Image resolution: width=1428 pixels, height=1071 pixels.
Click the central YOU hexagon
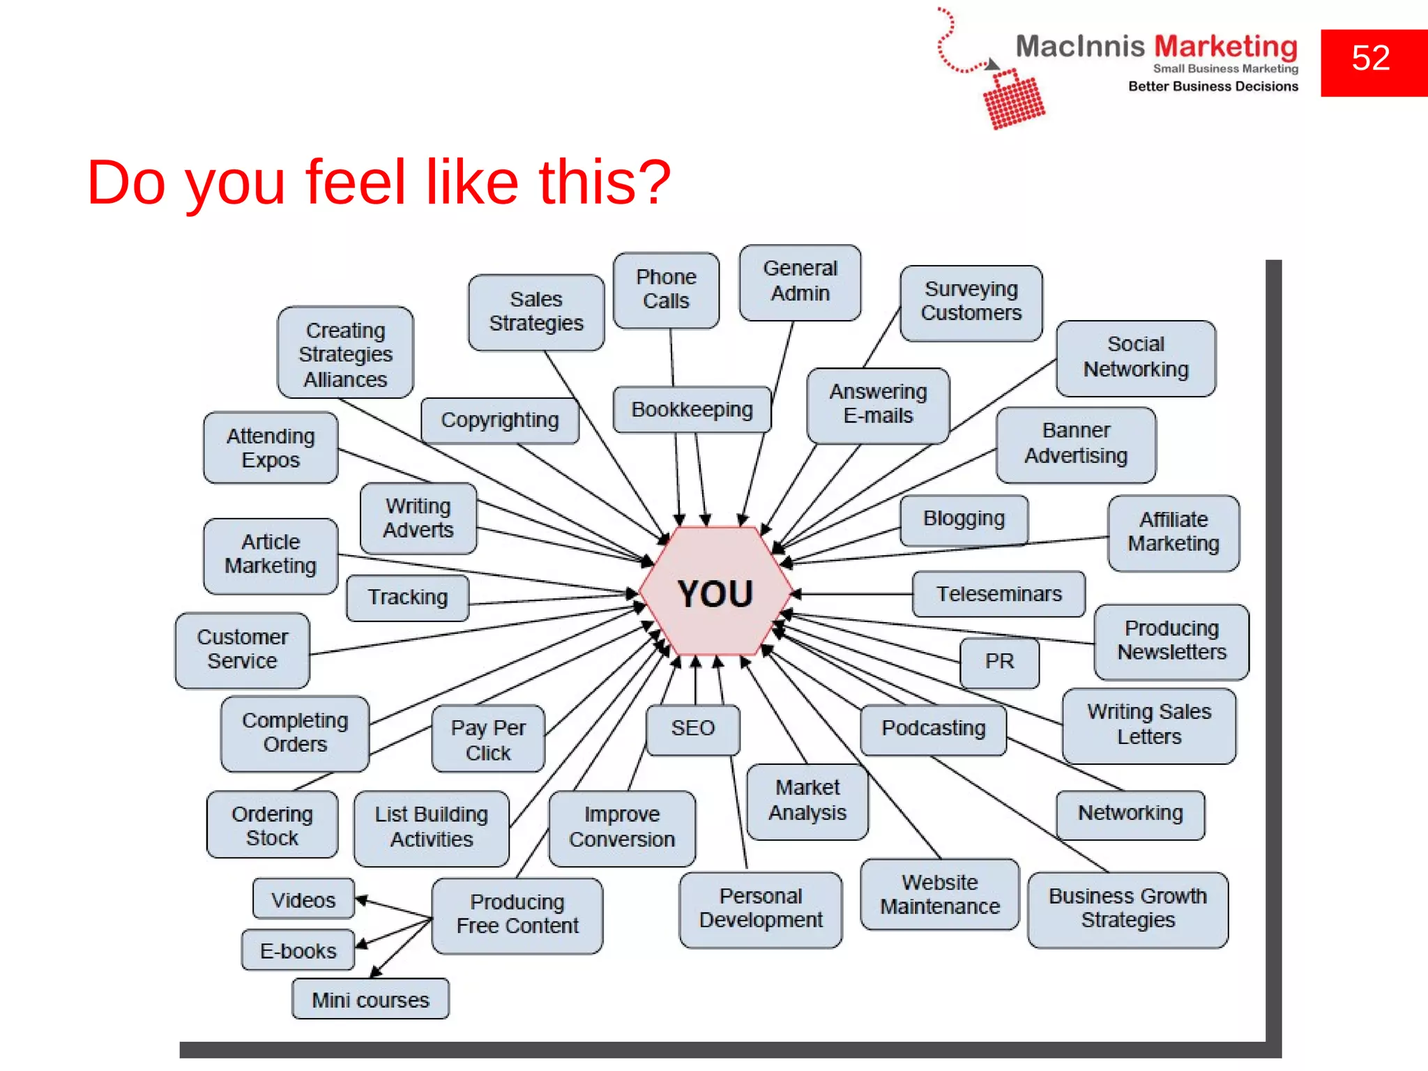point(715,593)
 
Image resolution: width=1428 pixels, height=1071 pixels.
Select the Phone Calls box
point(666,289)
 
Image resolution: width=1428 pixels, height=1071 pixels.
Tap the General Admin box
point(800,281)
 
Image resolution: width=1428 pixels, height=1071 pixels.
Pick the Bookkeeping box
point(692,409)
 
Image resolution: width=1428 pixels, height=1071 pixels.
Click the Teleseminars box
point(998,594)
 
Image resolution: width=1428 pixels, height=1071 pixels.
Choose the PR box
point(999,661)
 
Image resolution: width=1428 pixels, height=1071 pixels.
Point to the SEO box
point(692,729)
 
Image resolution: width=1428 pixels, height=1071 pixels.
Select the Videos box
point(303,899)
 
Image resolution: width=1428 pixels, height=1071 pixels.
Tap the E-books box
point(298,950)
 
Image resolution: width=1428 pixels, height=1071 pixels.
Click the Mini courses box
point(370,1000)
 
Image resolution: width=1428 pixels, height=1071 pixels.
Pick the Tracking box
point(408,598)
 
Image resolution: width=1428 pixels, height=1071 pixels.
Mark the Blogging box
point(964,519)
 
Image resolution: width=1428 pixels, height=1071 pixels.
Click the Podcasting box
point(933,729)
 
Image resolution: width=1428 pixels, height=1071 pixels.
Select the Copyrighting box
point(500,420)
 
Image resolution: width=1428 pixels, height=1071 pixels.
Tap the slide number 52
point(1371,59)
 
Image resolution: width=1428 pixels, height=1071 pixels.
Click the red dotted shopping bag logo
point(1012,100)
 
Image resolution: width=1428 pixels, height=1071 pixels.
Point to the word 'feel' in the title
point(355,183)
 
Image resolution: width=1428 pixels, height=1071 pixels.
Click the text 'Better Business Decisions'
point(1213,86)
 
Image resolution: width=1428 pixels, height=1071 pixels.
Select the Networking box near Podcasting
point(1130,814)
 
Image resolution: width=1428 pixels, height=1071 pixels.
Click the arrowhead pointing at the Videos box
point(361,900)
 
